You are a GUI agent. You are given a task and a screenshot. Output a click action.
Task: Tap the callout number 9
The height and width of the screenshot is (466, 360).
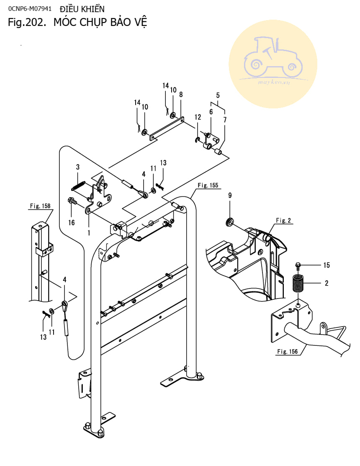[x=230, y=196]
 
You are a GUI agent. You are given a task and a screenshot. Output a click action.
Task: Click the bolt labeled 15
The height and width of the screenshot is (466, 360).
[x=298, y=266]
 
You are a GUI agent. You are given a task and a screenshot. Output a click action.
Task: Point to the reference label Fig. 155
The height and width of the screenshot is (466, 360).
[x=208, y=185]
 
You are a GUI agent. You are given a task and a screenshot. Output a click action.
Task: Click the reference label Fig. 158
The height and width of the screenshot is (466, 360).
[x=40, y=206]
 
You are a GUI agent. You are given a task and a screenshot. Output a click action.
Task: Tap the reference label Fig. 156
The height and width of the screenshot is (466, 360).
[x=287, y=352]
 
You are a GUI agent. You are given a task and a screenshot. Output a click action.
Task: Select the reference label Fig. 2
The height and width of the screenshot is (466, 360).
[x=283, y=221]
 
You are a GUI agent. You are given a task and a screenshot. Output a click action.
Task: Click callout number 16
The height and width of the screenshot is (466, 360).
[x=72, y=222]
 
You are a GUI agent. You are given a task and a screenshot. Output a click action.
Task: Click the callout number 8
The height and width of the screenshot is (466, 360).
[x=181, y=95]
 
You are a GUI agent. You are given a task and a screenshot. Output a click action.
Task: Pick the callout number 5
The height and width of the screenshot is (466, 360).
[x=218, y=95]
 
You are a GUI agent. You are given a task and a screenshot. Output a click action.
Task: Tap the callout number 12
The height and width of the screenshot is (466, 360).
[x=198, y=117]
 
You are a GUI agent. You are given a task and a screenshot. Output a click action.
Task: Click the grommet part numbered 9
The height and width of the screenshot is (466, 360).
[x=230, y=222]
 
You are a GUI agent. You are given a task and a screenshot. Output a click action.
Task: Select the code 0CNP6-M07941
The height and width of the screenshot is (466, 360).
[x=29, y=8]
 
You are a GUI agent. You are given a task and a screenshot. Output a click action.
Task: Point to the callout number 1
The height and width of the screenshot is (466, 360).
[x=89, y=233]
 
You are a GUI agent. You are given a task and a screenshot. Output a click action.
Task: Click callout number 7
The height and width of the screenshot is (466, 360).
[x=225, y=120]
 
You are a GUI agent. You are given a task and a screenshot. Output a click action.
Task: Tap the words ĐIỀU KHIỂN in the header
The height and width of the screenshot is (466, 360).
[x=82, y=9]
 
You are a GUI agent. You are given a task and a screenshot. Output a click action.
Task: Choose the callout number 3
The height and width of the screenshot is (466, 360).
[x=77, y=167]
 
